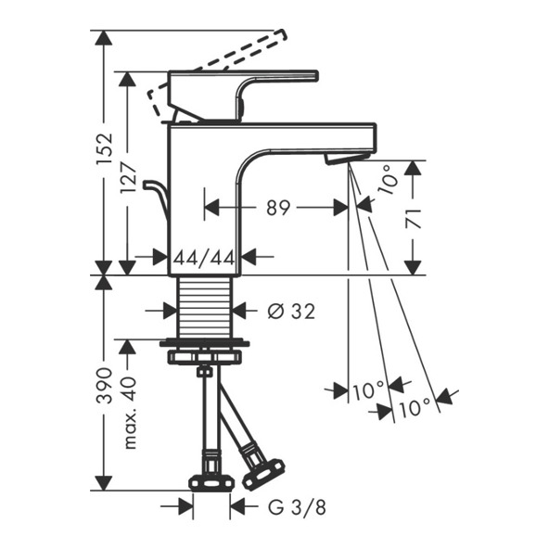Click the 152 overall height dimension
[105, 148]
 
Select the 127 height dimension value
[128, 179]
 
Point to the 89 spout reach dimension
[278, 208]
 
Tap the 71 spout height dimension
[414, 219]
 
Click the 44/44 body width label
[204, 259]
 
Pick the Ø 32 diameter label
[291, 311]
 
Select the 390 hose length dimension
[105, 386]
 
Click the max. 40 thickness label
[129, 413]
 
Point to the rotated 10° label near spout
[388, 180]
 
